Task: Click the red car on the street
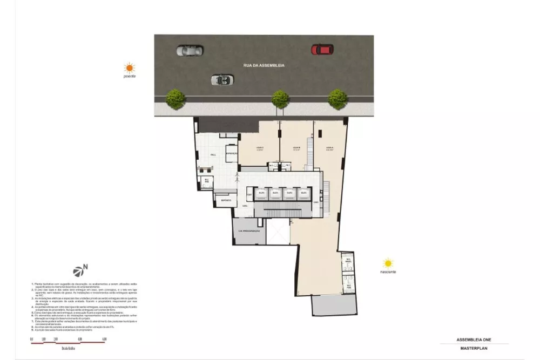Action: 322,50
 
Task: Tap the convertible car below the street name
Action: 222,80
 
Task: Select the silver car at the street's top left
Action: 190,51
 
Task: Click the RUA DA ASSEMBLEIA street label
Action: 264,65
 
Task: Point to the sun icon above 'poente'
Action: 129,68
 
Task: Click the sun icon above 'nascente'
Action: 388,263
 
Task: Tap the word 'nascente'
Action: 388,272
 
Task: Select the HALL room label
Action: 213,154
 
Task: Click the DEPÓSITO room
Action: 225,200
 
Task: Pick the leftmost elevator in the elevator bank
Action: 261,192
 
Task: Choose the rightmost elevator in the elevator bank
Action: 303,192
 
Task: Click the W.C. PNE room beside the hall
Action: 206,181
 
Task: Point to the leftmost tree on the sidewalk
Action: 175,99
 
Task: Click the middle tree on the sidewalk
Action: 280,99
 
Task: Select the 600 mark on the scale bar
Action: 104,339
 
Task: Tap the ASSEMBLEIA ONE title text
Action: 473,340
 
